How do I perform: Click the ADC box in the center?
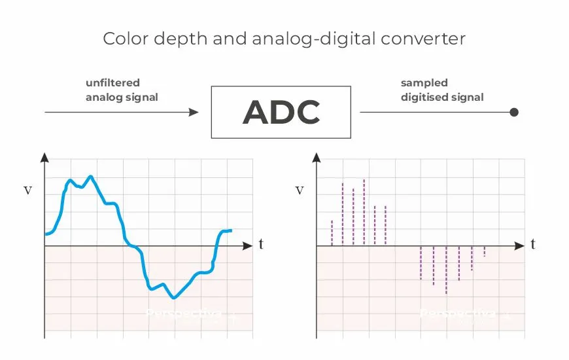(x=281, y=112)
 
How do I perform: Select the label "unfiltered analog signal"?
(x=122, y=90)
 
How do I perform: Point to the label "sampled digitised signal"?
(x=441, y=90)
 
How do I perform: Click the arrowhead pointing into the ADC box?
(x=193, y=112)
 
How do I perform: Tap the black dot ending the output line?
(x=514, y=112)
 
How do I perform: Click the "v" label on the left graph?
(x=27, y=190)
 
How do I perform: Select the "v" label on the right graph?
(x=300, y=190)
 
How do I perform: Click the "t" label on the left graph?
(x=261, y=245)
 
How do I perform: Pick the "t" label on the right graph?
(x=533, y=245)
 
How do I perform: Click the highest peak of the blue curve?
(x=91, y=176)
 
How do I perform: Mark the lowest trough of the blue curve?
(x=173, y=298)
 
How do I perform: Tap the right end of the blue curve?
(x=230, y=230)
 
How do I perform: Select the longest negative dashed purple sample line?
(x=446, y=270)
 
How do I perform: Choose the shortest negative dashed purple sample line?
(x=484, y=251)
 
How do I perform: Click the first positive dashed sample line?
(x=332, y=233)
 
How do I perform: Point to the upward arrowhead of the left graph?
(x=44, y=158)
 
